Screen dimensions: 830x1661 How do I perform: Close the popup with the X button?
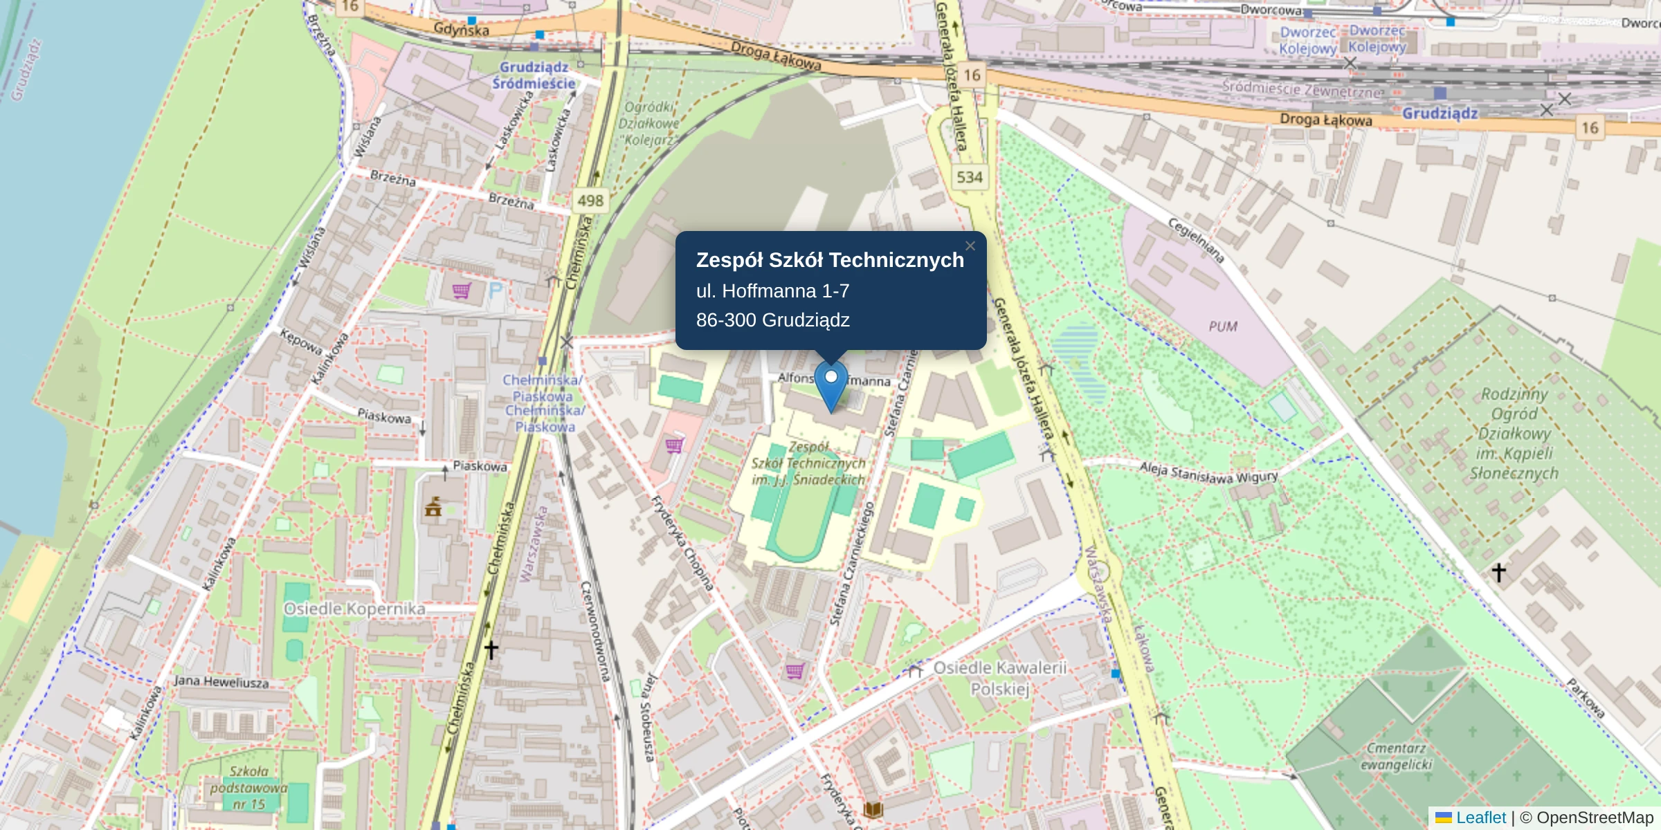pos(970,246)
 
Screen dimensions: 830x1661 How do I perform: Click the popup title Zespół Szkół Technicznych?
pos(830,260)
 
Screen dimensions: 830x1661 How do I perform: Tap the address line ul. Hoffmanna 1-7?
pos(772,291)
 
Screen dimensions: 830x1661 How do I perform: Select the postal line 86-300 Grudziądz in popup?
pos(772,320)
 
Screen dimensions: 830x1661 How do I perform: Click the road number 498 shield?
pos(590,201)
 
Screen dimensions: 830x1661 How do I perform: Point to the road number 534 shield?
pos(970,177)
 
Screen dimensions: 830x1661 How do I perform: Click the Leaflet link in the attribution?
pos(1480,818)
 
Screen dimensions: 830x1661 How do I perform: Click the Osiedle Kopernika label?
pos(354,609)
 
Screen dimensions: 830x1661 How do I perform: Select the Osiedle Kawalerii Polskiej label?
pos(999,679)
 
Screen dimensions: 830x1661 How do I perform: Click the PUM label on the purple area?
pos(1223,326)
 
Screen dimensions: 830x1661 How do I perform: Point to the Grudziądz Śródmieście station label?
pos(534,75)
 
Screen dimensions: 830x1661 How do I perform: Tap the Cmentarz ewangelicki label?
pos(1396,756)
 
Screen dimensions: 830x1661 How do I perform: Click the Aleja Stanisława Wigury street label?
pos(1208,472)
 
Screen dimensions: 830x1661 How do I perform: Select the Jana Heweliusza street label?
pos(221,682)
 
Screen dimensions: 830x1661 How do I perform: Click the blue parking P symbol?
pos(496,290)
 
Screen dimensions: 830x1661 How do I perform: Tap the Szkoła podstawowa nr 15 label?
pos(248,788)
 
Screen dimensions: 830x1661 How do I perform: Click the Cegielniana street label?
pos(1197,240)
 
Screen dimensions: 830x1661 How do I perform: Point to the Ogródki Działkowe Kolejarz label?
pos(648,123)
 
